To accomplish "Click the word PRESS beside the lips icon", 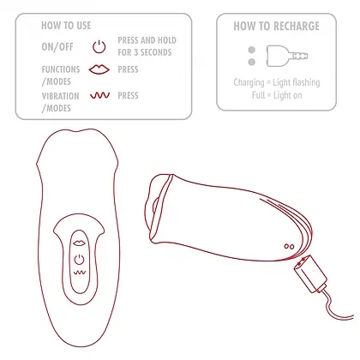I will pyautogui.click(x=128, y=68).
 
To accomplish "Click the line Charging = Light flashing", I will pyautogui.click(x=277, y=82).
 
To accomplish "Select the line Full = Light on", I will pyautogui.click(x=277, y=94).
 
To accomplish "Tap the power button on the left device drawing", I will pyautogui.click(x=79, y=255).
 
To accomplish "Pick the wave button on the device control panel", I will pyautogui.click(x=79, y=272).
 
